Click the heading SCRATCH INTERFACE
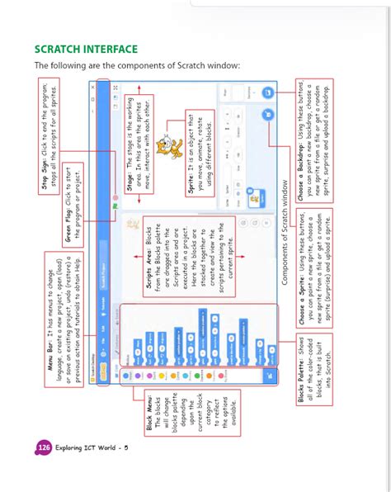pyautogui.click(x=86, y=49)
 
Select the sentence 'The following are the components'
pyautogui.click(x=136, y=66)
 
